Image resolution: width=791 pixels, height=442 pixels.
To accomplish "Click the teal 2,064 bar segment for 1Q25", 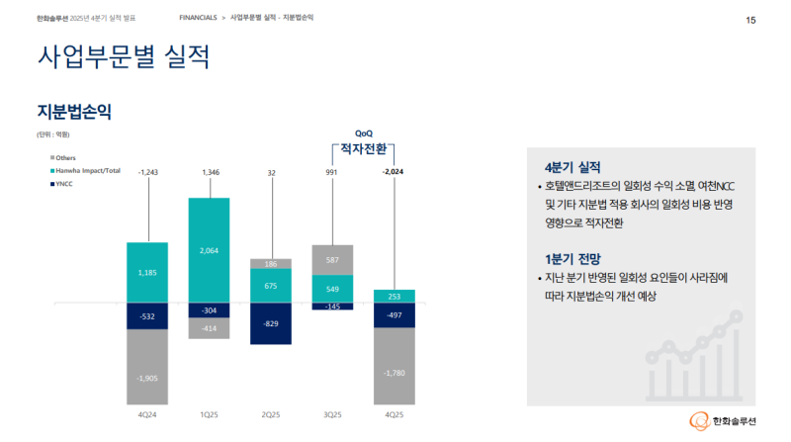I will tap(210, 250).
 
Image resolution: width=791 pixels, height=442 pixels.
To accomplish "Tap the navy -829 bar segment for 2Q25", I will tap(271, 323).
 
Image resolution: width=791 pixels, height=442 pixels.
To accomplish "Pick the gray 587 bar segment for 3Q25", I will tap(332, 259).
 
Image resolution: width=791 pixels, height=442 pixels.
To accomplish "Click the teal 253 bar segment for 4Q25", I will tap(395, 296).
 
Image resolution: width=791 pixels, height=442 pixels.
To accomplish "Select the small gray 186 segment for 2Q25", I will tap(271, 264).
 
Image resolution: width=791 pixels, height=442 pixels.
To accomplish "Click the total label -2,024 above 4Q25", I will tap(395, 173).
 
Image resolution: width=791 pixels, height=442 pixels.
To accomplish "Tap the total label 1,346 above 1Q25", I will tap(210, 173).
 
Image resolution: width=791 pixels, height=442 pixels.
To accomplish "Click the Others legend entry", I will tap(65, 158).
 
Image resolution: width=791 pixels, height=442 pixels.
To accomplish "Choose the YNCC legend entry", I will tap(65, 184).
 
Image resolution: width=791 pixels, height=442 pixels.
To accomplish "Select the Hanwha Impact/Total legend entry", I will tap(87, 171).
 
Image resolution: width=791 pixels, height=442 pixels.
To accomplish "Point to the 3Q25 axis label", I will tap(332, 415).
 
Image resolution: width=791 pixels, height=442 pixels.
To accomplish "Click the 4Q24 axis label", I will tap(147, 415).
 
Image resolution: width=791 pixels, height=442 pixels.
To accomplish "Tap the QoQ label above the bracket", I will tap(364, 133).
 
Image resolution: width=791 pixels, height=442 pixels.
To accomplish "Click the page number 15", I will tap(750, 20).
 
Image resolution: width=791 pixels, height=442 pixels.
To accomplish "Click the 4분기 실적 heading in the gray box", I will tap(572, 167).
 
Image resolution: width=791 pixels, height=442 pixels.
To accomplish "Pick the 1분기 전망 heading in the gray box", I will tap(572, 260).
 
